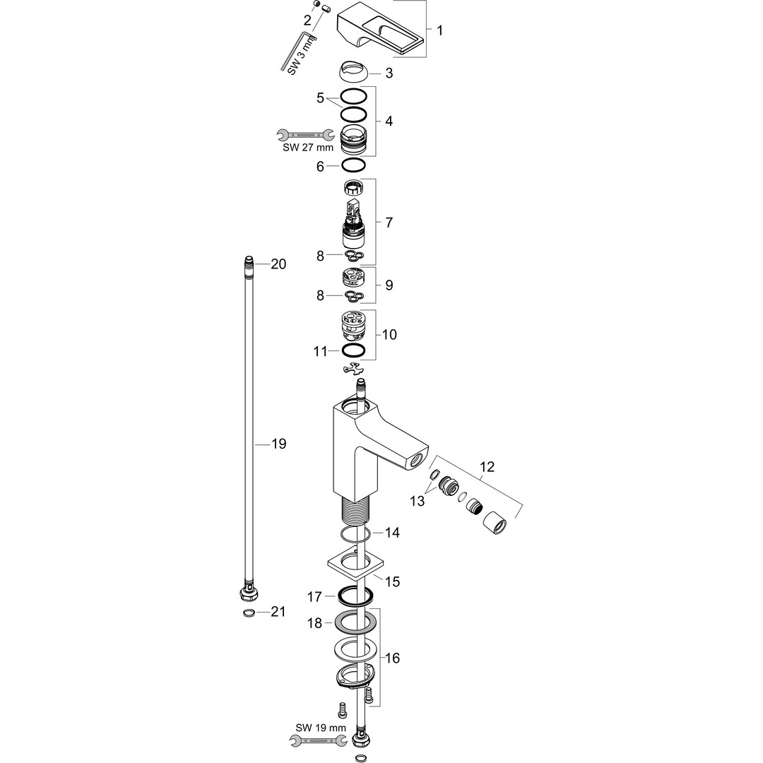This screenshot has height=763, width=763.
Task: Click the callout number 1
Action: pos(439,30)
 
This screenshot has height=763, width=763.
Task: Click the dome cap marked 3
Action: pos(353,73)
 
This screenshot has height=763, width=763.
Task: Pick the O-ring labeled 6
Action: pos(353,166)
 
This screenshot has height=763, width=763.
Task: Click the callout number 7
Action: pos(389,222)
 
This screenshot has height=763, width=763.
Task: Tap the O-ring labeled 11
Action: pos(353,350)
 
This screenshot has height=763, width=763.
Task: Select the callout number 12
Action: pos(487,467)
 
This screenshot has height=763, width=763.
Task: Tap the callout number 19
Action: pos(278,444)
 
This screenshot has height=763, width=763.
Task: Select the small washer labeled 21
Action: pos(249,612)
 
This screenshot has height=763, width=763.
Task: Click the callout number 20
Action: pos(278,264)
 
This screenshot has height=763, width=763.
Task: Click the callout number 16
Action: pos(393,658)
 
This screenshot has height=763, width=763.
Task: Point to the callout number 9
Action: pos(389,285)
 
